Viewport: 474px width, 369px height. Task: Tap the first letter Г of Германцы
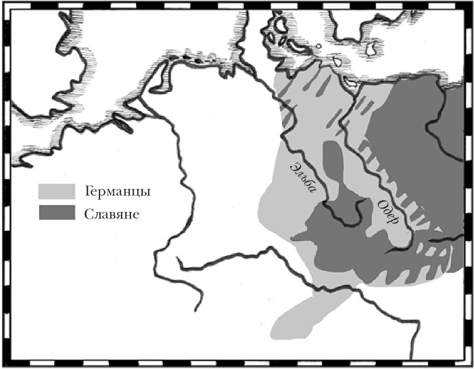pyautogui.click(x=89, y=192)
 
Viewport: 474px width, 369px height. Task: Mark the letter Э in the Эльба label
pyautogui.click(x=294, y=165)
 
